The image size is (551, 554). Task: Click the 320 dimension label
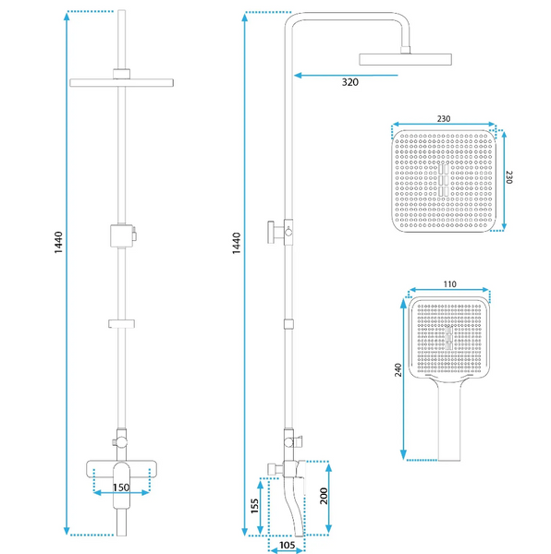[350, 82]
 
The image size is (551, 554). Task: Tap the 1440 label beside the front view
[58, 242]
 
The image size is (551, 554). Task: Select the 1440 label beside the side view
[237, 243]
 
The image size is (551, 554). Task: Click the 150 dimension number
[121, 488]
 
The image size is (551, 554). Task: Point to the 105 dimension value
[287, 546]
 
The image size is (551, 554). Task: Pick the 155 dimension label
[254, 506]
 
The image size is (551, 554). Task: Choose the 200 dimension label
[324, 496]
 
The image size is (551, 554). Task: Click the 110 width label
[449, 284]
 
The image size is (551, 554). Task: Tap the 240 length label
[398, 370]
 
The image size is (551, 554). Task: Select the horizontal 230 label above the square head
[444, 119]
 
